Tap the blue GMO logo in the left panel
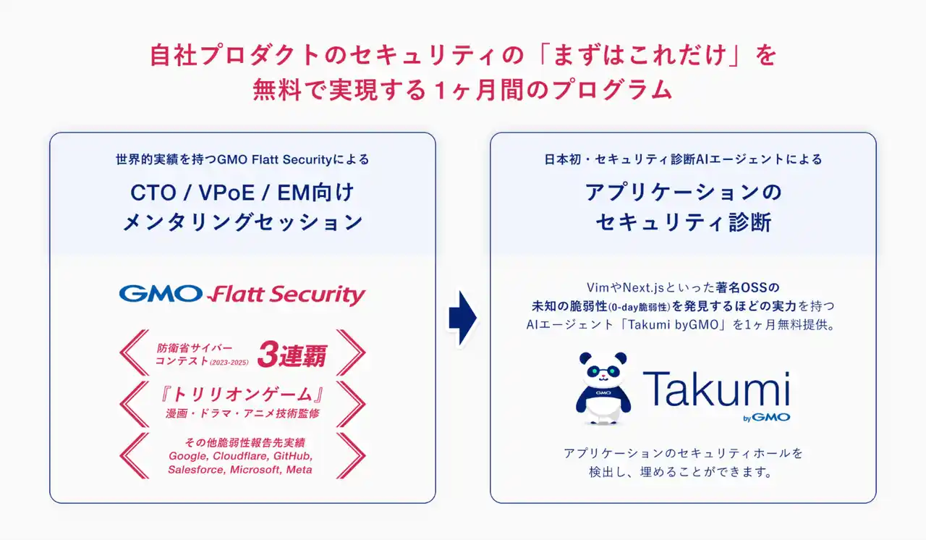tap(161, 293)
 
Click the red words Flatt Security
tap(286, 295)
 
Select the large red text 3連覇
tap(292, 355)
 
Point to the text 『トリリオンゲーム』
tap(242, 395)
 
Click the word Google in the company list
tap(187, 456)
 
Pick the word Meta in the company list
tap(300, 469)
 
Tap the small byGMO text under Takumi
tap(766, 417)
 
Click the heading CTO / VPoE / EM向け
tap(242, 193)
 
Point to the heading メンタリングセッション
tap(242, 222)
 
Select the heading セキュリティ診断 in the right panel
tap(683, 222)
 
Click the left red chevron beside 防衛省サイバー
tap(135, 354)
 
